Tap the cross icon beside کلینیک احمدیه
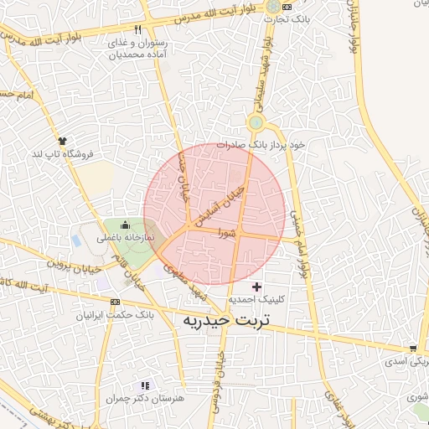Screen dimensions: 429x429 [x=256, y=287]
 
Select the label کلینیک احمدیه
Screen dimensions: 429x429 [x=256, y=299]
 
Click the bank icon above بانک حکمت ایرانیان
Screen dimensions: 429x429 [x=116, y=302]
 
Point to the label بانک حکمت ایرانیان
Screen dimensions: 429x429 [x=115, y=316]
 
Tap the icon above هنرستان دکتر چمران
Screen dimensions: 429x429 [x=145, y=385]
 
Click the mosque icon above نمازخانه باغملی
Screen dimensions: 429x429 [x=126, y=225]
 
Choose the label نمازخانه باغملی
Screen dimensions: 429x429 [x=127, y=238]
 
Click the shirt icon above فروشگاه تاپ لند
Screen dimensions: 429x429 [x=62, y=140]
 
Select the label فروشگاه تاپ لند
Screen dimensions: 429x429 [x=64, y=154]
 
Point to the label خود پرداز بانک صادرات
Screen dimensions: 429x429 [x=261, y=144]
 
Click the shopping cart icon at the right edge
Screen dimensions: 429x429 [x=412, y=349]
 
